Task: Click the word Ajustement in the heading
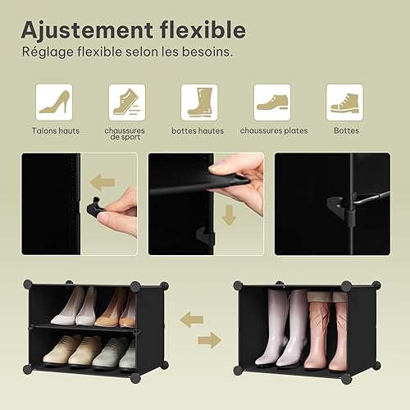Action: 87,30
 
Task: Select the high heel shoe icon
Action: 54,102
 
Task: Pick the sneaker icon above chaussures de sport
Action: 127,102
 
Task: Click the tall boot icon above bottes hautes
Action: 199,102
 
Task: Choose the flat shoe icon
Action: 272,102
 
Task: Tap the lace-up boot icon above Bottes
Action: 344,102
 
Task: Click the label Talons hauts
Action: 56,131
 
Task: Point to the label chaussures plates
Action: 274,131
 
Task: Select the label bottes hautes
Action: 198,131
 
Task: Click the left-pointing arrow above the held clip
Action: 102,182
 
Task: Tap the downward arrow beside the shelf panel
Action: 229,215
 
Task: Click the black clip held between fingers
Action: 95,207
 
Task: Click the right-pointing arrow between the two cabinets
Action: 209,340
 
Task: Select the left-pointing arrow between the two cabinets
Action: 192,320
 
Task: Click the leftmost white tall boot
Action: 272,327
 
